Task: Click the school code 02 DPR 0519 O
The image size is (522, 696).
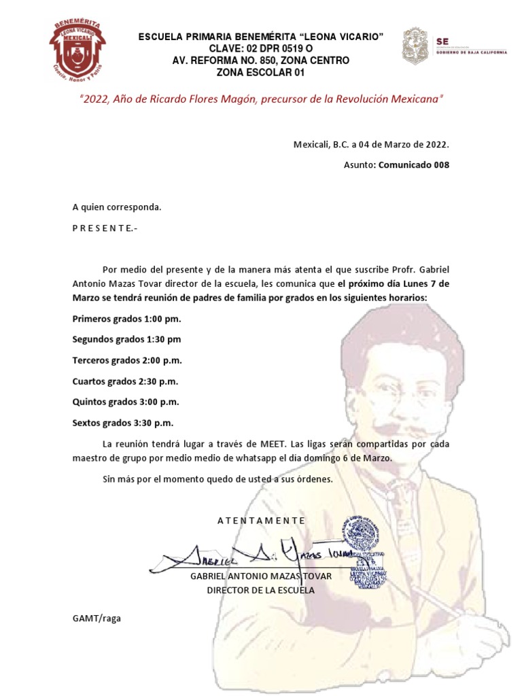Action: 261,48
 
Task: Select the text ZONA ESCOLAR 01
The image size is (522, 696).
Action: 261,73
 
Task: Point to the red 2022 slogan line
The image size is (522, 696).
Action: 261,99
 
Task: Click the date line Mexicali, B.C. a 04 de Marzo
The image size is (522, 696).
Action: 371,145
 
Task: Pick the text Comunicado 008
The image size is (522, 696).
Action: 413,164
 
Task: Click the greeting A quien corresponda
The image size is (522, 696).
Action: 117,207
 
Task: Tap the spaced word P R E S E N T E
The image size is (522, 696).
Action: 105,228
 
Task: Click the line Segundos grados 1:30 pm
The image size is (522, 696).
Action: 127,339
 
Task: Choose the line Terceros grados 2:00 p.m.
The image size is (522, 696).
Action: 127,360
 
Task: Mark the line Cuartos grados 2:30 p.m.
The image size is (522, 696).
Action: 125,381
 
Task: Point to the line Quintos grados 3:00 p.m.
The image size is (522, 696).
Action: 126,402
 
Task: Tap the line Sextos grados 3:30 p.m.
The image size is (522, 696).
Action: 123,423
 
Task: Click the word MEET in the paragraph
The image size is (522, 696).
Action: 273,444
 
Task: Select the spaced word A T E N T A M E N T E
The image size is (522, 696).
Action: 261,521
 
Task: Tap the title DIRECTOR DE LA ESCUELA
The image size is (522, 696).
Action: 261,590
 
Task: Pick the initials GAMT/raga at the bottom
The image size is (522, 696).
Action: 96,619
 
